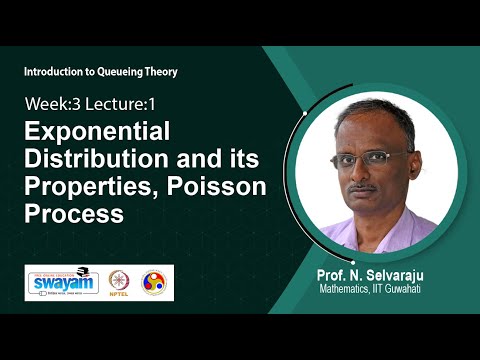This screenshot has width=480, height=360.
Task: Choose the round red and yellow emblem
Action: [x=155, y=283]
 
